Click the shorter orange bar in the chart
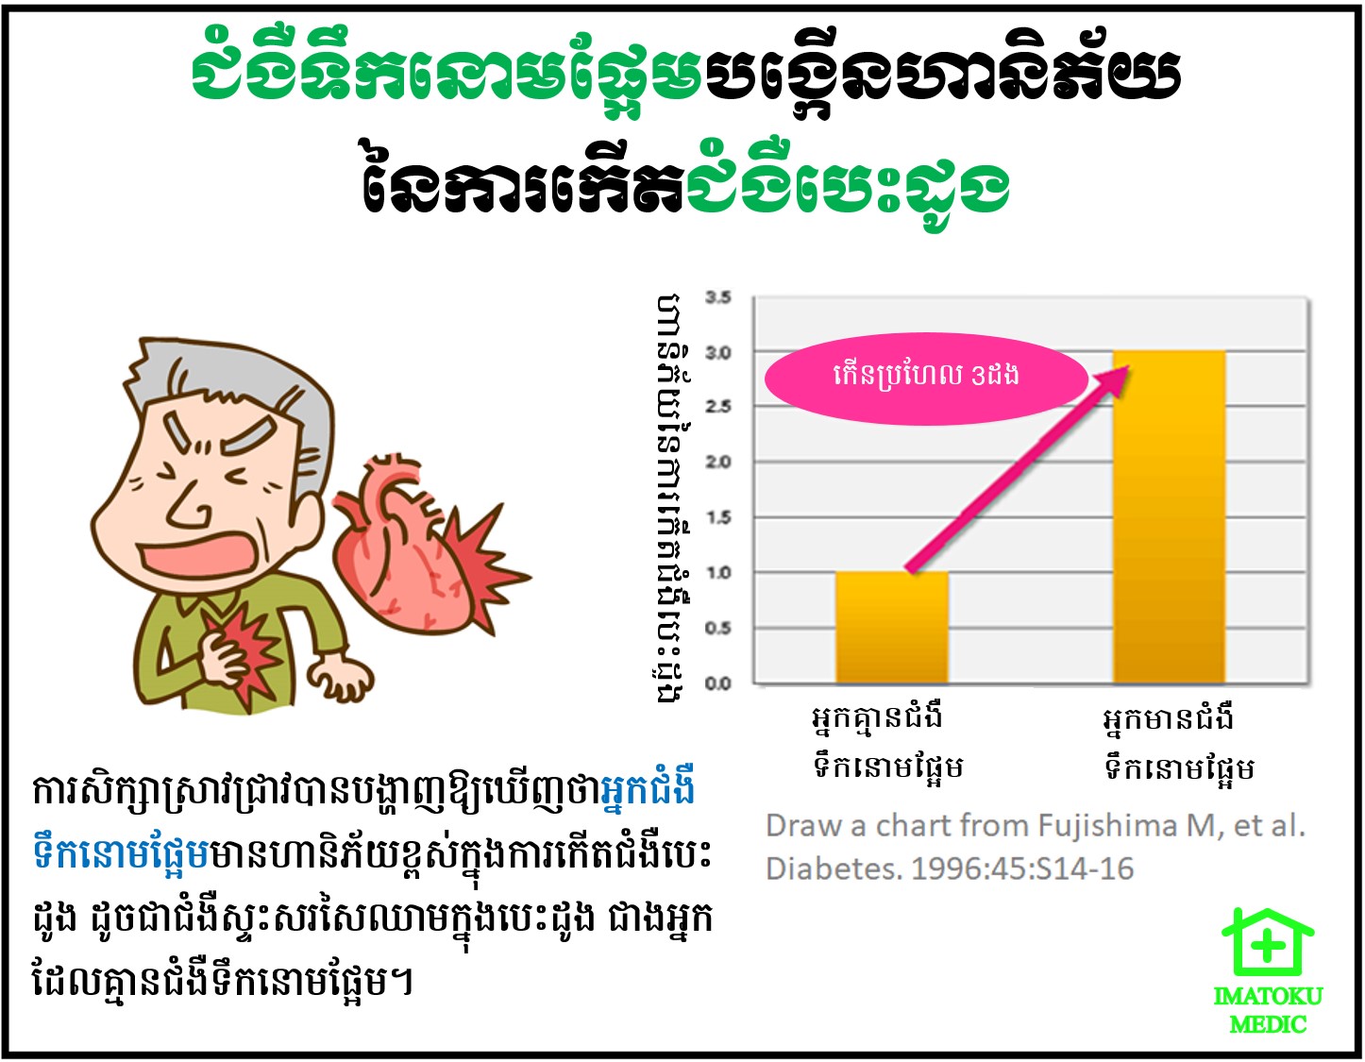(892, 627)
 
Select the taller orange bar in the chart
(1170, 516)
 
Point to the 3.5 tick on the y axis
(718, 296)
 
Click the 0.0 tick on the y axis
(718, 683)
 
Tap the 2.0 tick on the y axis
(718, 463)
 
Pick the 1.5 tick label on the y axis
(718, 517)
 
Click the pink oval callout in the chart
(926, 379)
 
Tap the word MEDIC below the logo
(1268, 1025)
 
